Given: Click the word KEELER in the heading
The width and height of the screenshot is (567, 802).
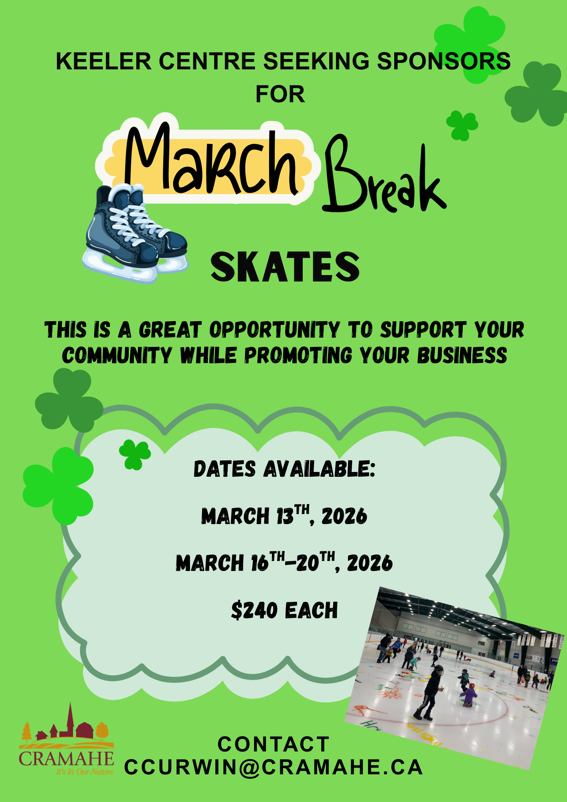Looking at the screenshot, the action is point(104,61).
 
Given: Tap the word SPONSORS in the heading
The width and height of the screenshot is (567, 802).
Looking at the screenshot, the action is point(443,61).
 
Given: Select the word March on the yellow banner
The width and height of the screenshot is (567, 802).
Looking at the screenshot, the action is point(211,160).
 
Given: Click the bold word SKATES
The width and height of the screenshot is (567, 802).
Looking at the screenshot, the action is point(285,267).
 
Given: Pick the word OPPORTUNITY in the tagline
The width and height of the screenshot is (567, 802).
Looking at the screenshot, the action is point(275,330).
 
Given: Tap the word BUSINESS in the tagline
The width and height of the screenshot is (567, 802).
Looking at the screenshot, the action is point(462,355).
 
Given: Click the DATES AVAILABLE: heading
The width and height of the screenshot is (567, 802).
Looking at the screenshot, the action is point(284,469).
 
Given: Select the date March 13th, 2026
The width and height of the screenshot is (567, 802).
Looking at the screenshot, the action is point(284,515).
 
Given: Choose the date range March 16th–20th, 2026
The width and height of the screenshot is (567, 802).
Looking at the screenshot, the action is point(284,562).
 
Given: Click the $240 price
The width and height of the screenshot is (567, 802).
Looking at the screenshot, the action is point(254,610).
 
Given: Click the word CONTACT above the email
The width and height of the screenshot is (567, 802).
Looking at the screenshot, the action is point(274,744).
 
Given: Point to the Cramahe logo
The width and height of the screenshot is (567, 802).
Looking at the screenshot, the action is point(67,739).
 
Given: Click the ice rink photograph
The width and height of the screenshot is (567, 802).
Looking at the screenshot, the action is point(456,678).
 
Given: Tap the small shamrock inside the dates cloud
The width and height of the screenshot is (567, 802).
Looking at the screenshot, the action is point(135,454).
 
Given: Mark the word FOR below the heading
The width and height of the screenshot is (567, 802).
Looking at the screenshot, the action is point(280,95).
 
